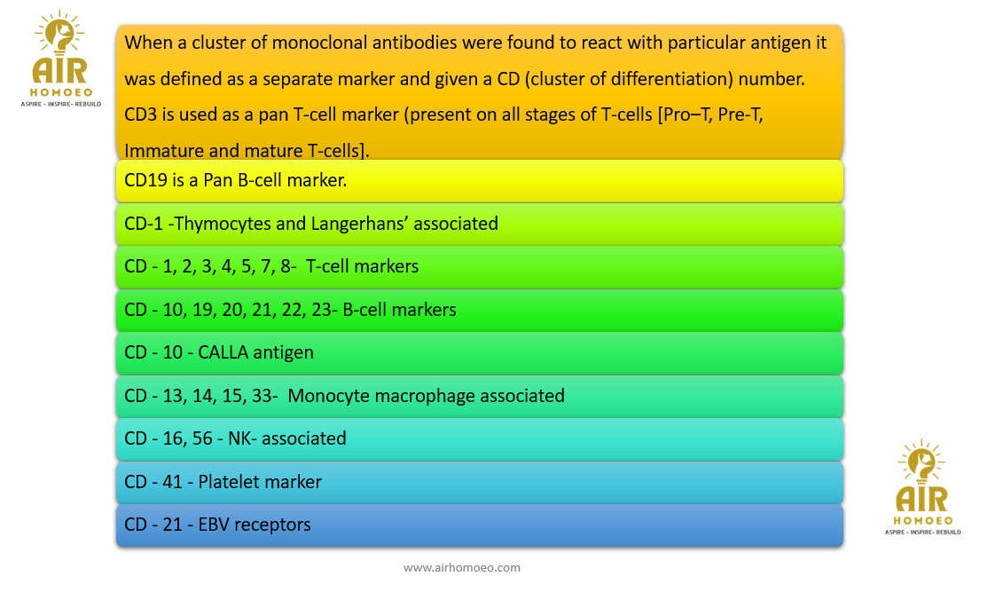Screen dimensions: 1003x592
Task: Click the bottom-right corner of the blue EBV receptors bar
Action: (843, 546)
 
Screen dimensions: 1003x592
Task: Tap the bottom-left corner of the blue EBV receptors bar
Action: (116, 546)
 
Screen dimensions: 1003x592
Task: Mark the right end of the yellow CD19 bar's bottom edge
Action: (843, 201)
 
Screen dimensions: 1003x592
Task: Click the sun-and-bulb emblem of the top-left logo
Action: (60, 32)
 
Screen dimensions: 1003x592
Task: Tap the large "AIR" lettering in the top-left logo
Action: (59, 70)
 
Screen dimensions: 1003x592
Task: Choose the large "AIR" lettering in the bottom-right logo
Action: (921, 499)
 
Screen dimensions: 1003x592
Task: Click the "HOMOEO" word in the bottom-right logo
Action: (922, 521)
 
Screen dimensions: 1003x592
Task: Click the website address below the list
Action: (462, 568)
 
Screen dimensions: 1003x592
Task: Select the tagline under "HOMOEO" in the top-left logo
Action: (61, 104)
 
